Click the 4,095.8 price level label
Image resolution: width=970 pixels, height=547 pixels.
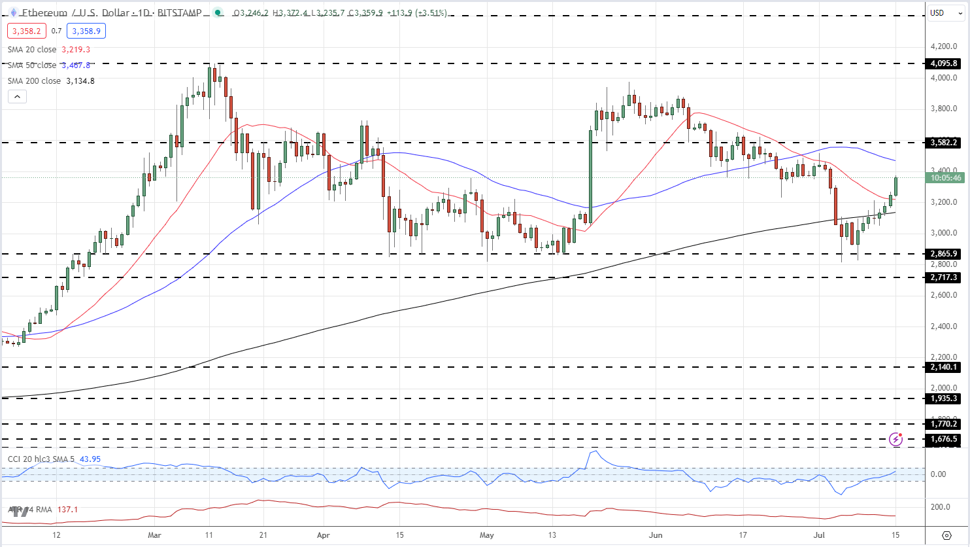click(944, 63)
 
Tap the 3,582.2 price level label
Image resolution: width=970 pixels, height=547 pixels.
click(944, 143)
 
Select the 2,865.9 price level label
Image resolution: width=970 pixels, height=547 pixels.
click(944, 254)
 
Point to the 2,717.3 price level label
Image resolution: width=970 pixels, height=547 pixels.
click(944, 277)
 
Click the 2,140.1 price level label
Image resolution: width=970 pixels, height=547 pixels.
click(944, 367)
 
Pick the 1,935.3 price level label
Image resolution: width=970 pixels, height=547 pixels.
click(944, 398)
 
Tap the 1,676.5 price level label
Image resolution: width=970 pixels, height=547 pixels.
click(944, 439)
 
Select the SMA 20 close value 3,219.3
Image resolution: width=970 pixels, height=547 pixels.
click(76, 50)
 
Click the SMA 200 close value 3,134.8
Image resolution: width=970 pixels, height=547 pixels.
click(80, 81)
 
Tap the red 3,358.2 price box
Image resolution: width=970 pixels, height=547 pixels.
click(25, 31)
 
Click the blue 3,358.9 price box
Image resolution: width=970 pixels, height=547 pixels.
click(86, 31)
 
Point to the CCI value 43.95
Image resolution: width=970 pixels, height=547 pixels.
click(90, 459)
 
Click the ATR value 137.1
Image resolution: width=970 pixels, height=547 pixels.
click(67, 510)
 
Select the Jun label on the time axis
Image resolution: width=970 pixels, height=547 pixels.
click(656, 535)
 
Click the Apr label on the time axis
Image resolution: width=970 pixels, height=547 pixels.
click(323, 535)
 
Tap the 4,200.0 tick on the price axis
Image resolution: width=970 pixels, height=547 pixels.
click(944, 46)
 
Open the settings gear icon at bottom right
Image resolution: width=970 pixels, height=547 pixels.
click(946, 535)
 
